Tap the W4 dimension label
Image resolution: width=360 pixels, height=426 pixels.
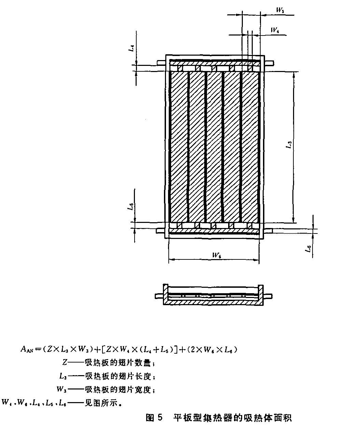[275, 30]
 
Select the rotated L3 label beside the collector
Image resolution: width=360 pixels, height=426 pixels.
[289, 145]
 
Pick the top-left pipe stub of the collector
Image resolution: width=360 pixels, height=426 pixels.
[161, 63]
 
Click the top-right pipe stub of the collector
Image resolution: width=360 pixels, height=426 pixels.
[268, 63]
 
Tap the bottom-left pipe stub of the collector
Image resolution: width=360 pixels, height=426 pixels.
[161, 231]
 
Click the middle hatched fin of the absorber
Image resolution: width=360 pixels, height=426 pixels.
[214, 147]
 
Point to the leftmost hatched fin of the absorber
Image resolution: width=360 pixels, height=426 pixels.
[179, 147]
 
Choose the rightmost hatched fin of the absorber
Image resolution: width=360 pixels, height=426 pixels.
[250, 147]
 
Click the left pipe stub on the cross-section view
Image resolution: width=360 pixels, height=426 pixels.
[159, 296]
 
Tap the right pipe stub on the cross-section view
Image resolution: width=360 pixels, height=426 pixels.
[268, 296]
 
